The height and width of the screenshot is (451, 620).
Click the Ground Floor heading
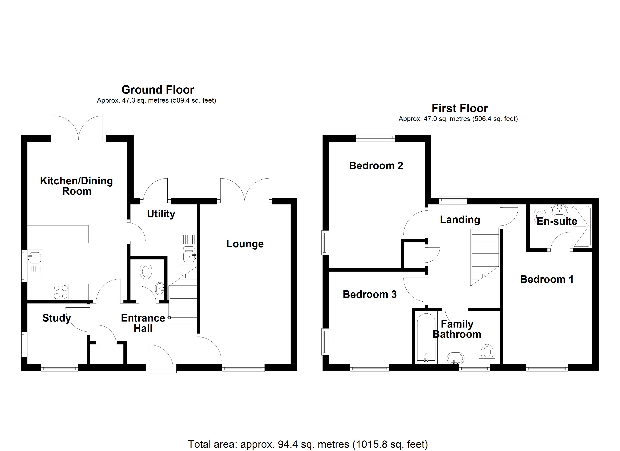158,90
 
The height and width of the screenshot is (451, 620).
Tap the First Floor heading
460,108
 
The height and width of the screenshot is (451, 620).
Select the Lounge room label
245,244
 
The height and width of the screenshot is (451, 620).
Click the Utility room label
161,214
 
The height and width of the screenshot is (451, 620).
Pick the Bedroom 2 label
376,166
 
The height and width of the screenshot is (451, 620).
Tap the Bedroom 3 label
370,294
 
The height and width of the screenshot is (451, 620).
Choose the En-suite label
557,221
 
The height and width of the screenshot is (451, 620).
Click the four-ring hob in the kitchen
61,292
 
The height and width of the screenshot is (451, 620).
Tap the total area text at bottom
308,444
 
